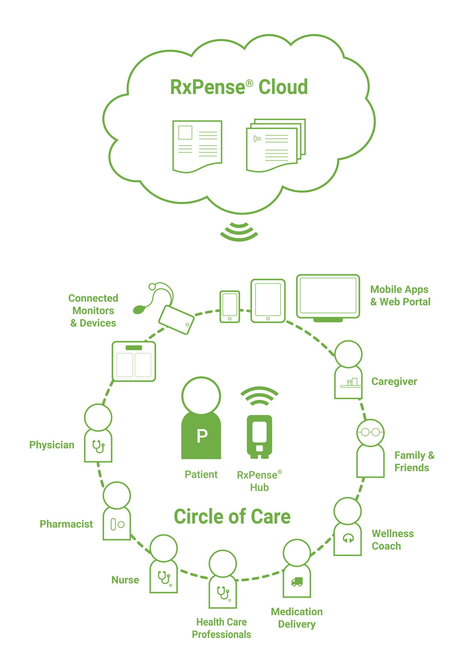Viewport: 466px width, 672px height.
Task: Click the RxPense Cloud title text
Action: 239,87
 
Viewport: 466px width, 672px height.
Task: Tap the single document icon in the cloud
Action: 197,146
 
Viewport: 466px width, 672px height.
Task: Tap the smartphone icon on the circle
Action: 230,307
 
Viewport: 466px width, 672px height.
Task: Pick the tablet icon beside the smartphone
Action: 268,301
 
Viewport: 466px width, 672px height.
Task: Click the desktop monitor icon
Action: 328,298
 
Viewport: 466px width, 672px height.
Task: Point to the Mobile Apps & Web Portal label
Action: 400,296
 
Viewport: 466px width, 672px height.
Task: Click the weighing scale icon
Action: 134,361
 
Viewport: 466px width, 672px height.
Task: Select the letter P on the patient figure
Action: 202,436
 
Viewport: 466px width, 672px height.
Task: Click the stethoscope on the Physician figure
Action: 98,446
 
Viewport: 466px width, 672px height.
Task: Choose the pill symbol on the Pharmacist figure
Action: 117,524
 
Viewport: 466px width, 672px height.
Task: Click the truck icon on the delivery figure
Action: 297,582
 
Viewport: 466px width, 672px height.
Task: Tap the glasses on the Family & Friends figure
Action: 371,432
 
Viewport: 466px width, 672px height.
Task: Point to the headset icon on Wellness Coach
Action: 348,538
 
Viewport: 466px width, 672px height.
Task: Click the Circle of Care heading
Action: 232,517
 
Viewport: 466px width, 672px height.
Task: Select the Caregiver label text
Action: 394,382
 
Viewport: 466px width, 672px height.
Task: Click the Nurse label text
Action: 125,580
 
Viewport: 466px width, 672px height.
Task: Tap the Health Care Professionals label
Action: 221,628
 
